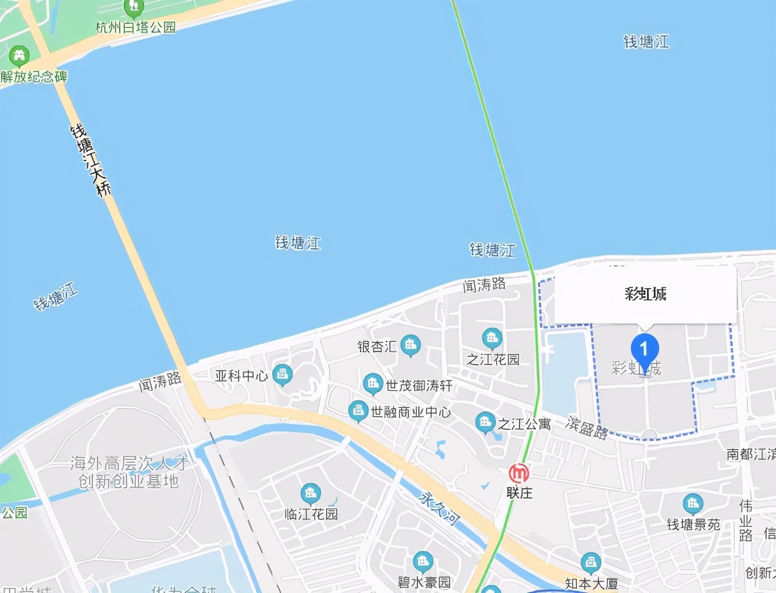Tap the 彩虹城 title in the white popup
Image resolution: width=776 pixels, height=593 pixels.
[x=646, y=294]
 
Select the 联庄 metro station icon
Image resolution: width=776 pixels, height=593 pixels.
[x=518, y=473]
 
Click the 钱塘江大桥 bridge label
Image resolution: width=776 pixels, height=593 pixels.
[x=90, y=160]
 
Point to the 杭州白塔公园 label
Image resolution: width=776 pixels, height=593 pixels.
[x=136, y=27]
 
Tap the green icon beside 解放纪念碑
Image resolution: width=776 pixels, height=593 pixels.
[x=20, y=56]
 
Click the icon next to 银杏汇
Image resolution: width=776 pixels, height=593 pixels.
[x=410, y=344]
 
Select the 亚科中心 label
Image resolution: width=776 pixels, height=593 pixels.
[x=241, y=376]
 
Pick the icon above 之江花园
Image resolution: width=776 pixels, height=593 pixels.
[x=492, y=338]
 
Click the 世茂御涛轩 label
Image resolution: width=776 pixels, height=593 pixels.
[x=419, y=386]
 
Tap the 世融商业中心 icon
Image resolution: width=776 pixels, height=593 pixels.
[x=358, y=410]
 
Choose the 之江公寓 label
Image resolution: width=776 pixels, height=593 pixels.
[x=524, y=424]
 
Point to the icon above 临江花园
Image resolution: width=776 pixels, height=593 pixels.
[x=310, y=493]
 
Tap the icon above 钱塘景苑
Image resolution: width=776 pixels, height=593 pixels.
[x=693, y=503]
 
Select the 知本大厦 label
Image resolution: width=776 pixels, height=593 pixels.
[x=591, y=583]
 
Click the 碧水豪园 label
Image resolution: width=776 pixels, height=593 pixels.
[x=424, y=582]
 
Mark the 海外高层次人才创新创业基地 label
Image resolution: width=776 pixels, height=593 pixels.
[x=129, y=472]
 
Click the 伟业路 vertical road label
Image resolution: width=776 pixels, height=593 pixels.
[x=746, y=520]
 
